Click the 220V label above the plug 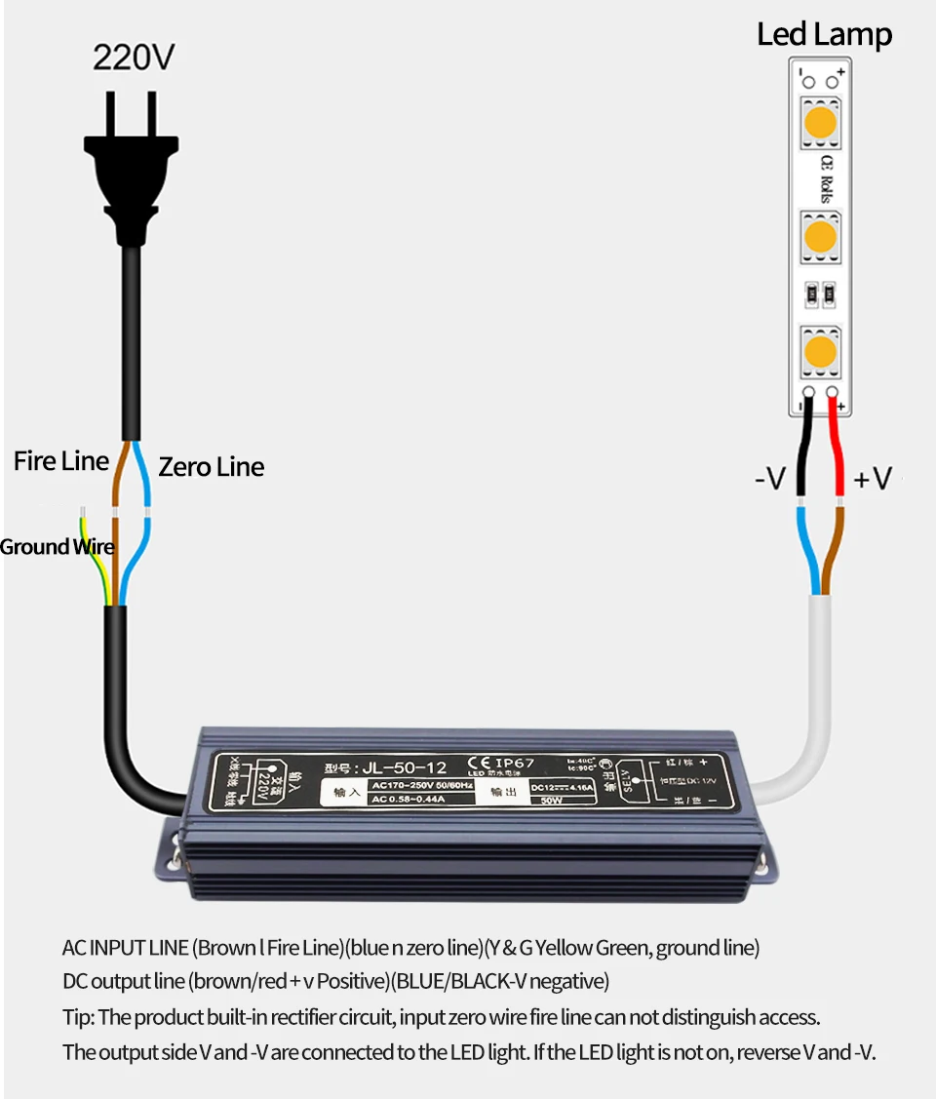click(134, 58)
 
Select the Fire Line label click(60, 461)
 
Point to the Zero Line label click(212, 467)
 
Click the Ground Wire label click(57, 547)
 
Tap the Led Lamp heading click(824, 35)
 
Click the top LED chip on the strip click(821, 124)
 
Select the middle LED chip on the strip click(821, 236)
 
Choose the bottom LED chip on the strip click(821, 351)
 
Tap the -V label click(770, 479)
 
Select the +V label click(873, 479)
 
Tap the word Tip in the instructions click(78, 1017)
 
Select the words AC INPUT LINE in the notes click(125, 947)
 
